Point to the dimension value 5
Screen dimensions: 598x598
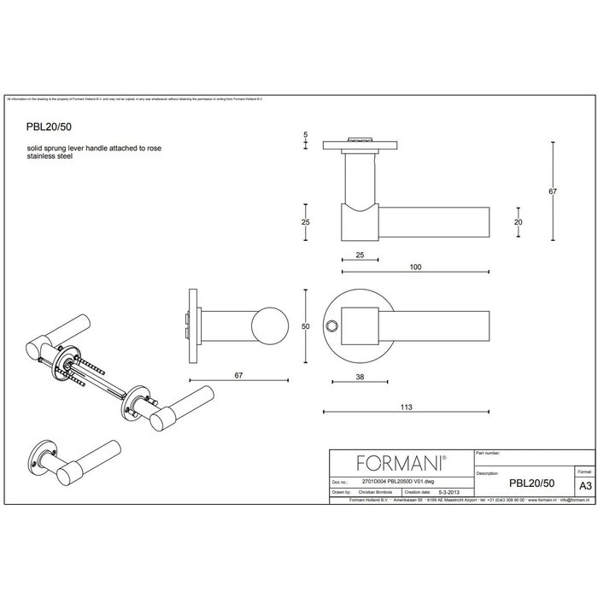(306, 136)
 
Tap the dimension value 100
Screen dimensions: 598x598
(415, 267)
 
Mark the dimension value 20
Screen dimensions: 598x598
(518, 221)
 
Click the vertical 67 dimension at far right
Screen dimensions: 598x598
(553, 191)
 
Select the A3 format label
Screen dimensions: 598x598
(584, 483)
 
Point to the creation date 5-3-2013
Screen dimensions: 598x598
(453, 492)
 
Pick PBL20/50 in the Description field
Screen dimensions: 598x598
(531, 482)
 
